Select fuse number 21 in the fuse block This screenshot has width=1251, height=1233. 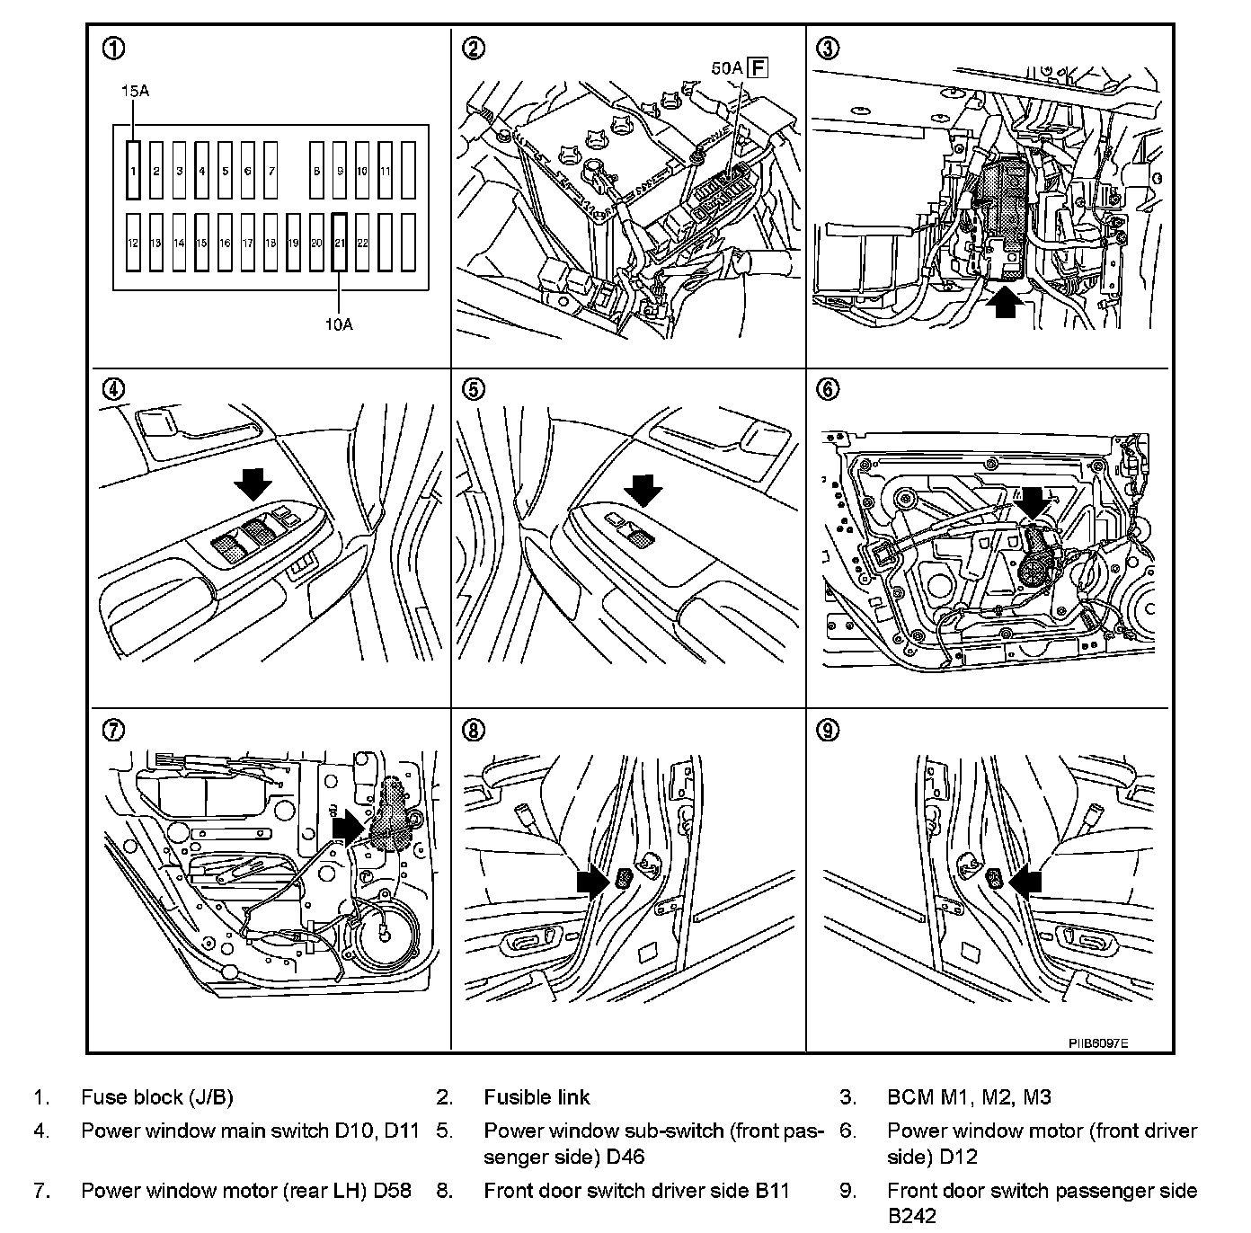pyautogui.click(x=340, y=243)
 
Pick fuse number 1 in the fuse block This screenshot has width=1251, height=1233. pyautogui.click(x=133, y=170)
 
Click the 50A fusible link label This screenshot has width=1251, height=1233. pyautogui.click(x=724, y=67)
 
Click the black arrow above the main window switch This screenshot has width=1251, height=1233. pyautogui.click(x=252, y=484)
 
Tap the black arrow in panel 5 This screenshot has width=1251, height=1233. pyautogui.click(x=643, y=491)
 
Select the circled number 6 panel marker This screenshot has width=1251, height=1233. pyautogui.click(x=828, y=388)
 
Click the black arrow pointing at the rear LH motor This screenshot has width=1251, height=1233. pyautogui.click(x=348, y=825)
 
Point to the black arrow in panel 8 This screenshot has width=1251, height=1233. pyautogui.click(x=593, y=881)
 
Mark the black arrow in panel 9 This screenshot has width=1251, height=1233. pyautogui.click(x=1025, y=881)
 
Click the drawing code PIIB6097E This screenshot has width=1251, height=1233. pyautogui.click(x=1098, y=1043)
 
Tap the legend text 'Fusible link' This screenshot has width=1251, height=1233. pyautogui.click(x=537, y=1096)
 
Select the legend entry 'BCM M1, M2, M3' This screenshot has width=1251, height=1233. pyautogui.click(x=969, y=1096)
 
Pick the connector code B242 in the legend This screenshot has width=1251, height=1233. pyautogui.click(x=912, y=1216)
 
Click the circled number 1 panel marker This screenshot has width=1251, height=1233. pyautogui.click(x=114, y=49)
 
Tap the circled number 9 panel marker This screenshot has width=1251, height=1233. pyautogui.click(x=828, y=729)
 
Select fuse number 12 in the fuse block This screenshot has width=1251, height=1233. pyautogui.click(x=133, y=243)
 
